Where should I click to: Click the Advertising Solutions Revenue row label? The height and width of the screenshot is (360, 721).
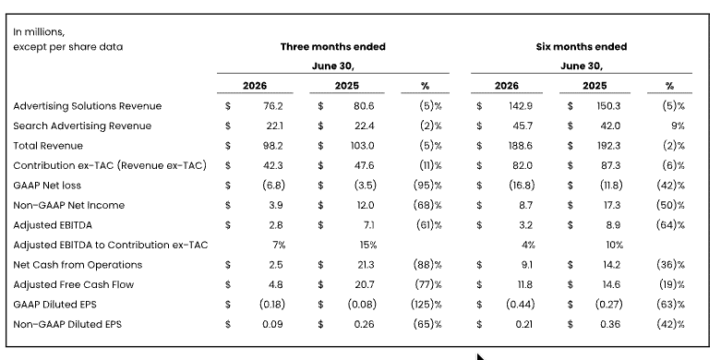88,106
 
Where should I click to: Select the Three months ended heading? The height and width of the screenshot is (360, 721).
333,47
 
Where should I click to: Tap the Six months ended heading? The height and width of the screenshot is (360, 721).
582,47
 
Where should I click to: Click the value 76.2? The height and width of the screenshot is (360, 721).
273,106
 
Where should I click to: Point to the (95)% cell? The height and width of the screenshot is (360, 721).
427,186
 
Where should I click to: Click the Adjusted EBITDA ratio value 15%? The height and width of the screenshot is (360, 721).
368,245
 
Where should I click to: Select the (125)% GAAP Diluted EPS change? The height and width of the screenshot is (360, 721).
427,305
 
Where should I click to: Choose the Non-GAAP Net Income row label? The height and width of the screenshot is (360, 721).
69,206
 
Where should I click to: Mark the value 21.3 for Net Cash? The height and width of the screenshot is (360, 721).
365,265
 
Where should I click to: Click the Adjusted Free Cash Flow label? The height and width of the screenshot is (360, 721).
74,284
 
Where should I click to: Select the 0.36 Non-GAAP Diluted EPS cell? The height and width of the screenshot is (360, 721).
610,324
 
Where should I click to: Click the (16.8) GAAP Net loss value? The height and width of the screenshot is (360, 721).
522,186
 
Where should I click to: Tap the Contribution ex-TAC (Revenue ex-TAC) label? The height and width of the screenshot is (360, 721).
110,165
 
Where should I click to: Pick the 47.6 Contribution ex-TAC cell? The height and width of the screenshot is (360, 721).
364,165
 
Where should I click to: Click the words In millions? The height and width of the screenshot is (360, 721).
39,32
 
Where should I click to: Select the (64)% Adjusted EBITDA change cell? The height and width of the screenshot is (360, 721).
671,225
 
